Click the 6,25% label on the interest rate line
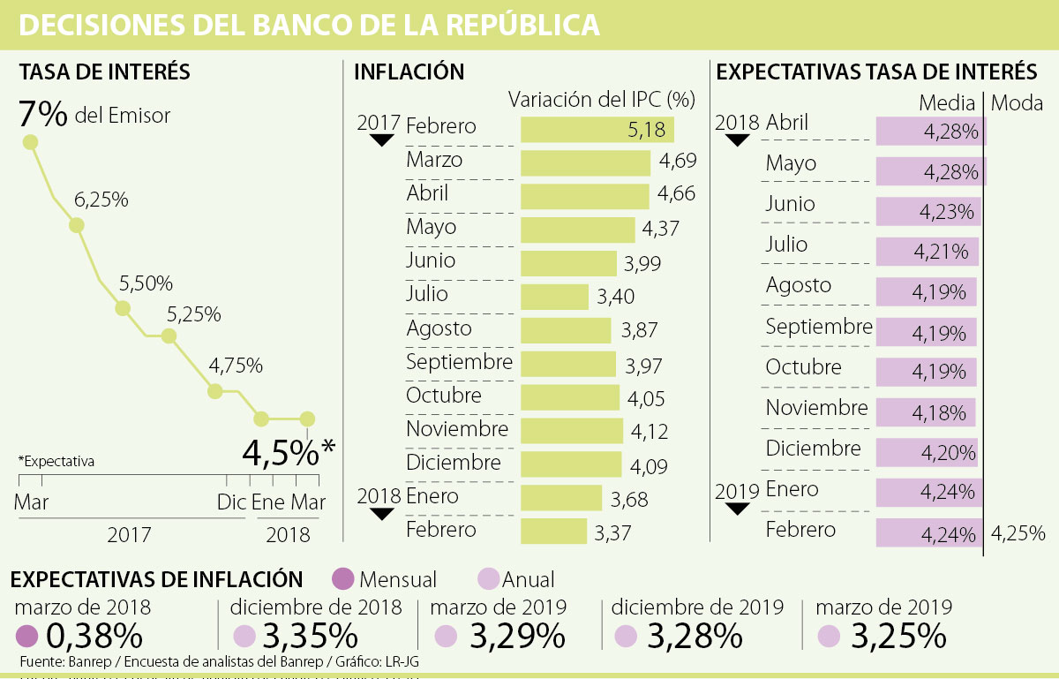pyautogui.click(x=101, y=200)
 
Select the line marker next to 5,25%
pyautogui.click(x=169, y=336)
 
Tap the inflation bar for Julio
pyautogui.click(x=555, y=297)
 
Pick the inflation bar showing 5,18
pyautogui.click(x=597, y=130)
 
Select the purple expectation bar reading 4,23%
pyautogui.click(x=928, y=213)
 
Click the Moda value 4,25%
pyautogui.click(x=1018, y=533)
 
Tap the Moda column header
pyautogui.click(x=1018, y=103)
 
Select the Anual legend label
pyautogui.click(x=528, y=579)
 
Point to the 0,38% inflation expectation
pyautogui.click(x=94, y=636)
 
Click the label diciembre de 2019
pyautogui.click(x=697, y=607)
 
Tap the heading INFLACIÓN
pyautogui.click(x=409, y=72)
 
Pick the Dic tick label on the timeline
pyautogui.click(x=231, y=502)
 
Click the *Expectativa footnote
pyautogui.click(x=56, y=461)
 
